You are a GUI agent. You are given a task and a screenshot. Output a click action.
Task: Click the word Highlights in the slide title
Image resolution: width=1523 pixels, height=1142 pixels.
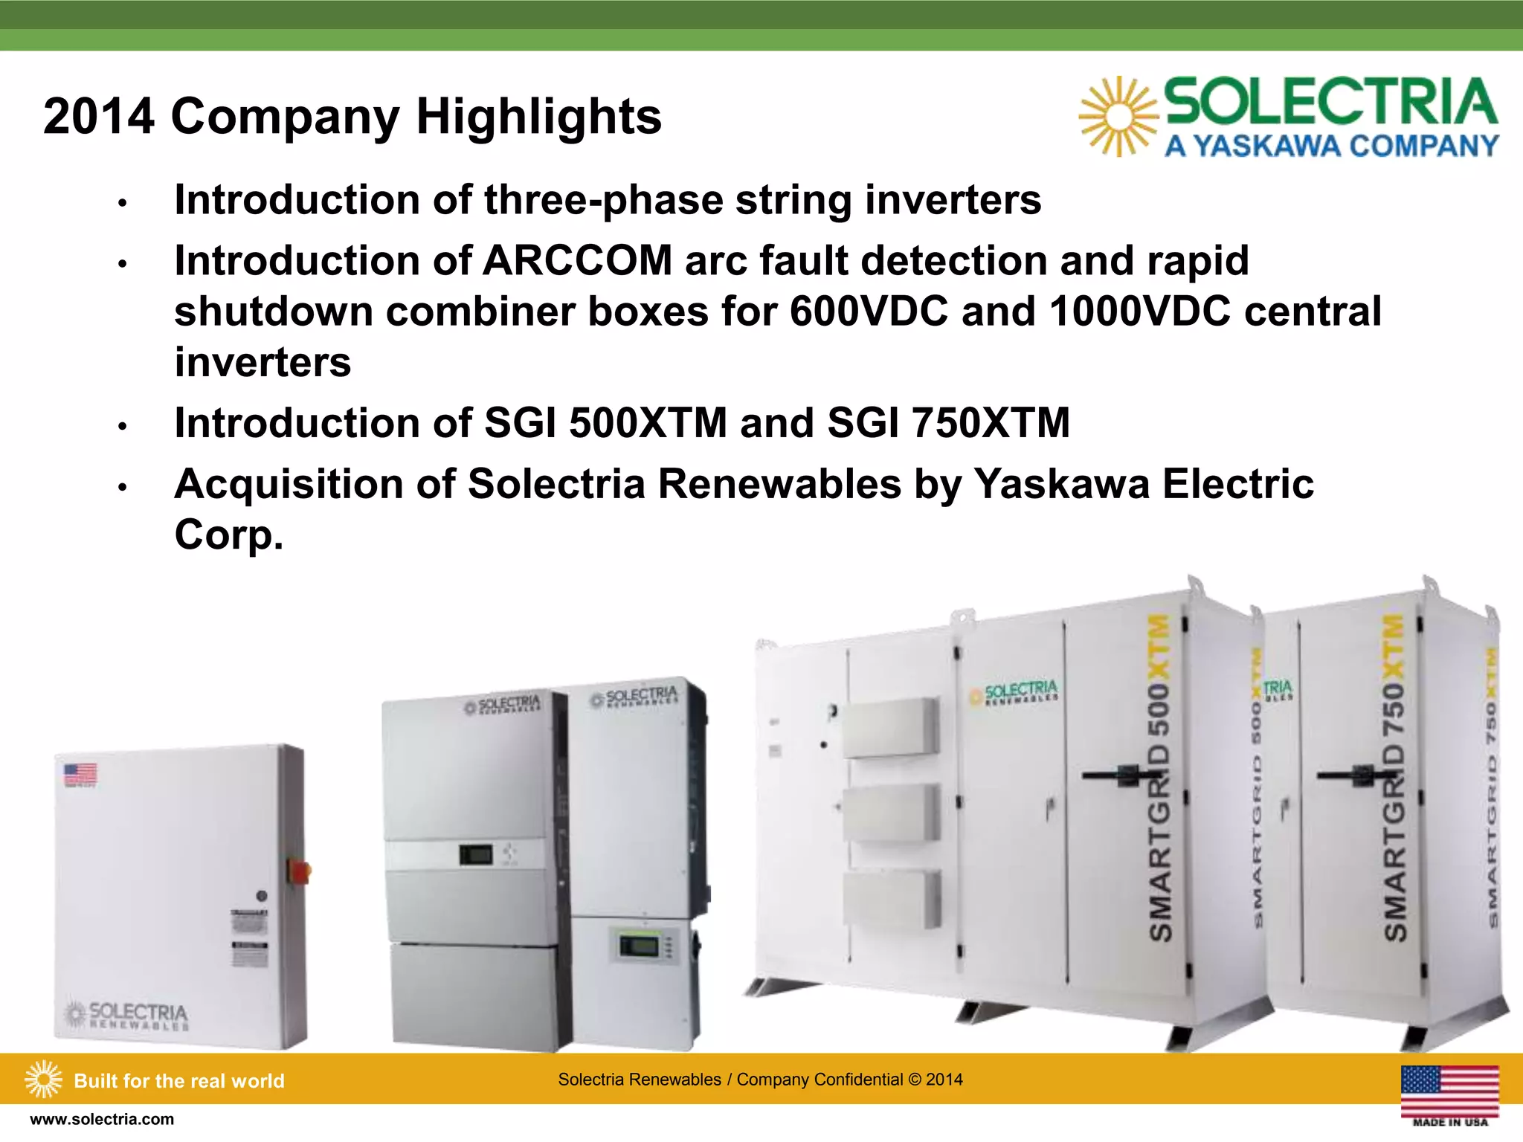538,117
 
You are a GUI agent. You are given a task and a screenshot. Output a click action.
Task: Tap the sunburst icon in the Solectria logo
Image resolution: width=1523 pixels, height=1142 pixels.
1118,117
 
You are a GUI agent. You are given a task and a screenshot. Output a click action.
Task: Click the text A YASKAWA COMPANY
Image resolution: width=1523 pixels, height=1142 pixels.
1331,146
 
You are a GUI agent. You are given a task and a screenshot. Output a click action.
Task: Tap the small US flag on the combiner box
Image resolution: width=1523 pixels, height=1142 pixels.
80,774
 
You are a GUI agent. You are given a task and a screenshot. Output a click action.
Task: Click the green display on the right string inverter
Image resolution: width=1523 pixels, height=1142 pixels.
639,946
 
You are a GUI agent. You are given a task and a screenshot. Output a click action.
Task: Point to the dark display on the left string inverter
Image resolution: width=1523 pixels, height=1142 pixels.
475,854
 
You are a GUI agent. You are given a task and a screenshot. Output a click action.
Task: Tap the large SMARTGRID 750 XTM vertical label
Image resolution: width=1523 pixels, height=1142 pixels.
1394,777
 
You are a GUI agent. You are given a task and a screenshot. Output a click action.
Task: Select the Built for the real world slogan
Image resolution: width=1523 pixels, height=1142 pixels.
178,1080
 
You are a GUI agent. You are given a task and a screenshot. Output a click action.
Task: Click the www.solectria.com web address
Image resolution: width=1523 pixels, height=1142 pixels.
102,1120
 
